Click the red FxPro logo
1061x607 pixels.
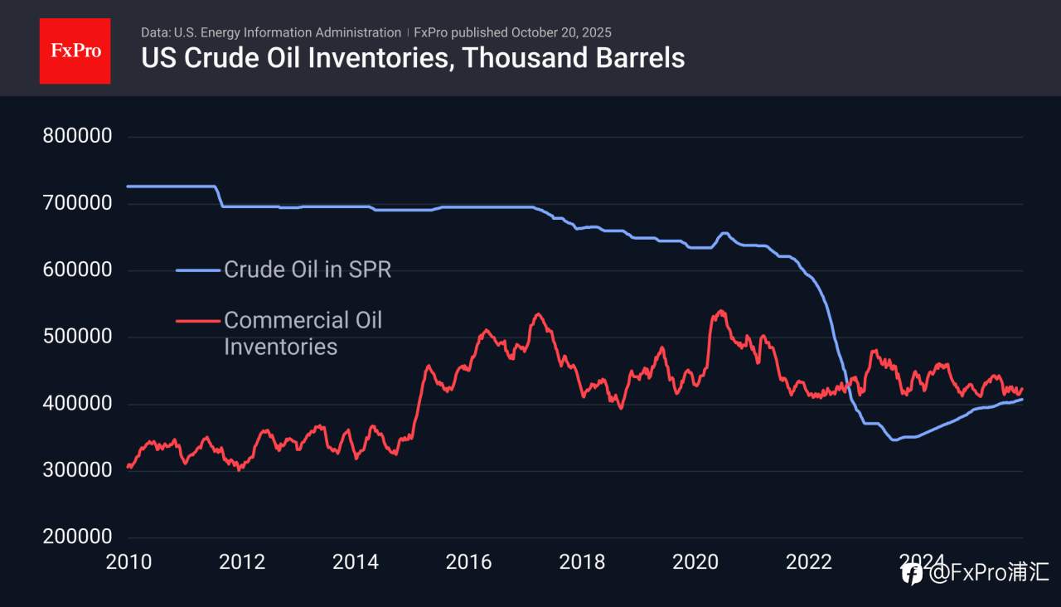[x=75, y=51]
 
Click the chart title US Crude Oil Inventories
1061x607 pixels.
[x=413, y=58]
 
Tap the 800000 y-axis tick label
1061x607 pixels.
[x=76, y=136]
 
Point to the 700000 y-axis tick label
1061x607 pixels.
[x=76, y=203]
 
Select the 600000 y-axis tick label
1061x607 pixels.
[x=76, y=270]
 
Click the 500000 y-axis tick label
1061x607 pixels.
[x=76, y=337]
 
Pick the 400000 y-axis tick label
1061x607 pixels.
[x=76, y=404]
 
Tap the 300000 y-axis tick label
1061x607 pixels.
[x=76, y=471]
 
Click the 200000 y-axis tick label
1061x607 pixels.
[x=76, y=537]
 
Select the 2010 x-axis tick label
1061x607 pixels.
[x=128, y=562]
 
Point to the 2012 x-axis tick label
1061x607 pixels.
[x=242, y=562]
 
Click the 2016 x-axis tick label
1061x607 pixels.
[x=468, y=562]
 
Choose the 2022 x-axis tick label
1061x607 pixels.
[x=808, y=562]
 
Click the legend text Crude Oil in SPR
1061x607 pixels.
[x=308, y=270]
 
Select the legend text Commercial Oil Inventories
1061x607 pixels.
[x=303, y=333]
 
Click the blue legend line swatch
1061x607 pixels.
[x=199, y=270]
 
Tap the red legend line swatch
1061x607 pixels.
[x=199, y=320]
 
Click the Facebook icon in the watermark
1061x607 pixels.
[x=913, y=573]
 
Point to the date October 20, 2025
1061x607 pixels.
[x=561, y=32]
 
